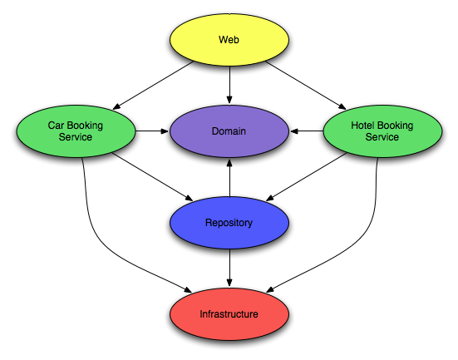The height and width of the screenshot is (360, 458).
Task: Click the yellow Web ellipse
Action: (x=229, y=40)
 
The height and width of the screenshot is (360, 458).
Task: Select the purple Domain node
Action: (x=229, y=131)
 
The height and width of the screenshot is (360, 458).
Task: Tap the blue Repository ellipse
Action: (x=229, y=223)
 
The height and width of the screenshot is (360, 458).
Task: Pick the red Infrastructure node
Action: (x=229, y=314)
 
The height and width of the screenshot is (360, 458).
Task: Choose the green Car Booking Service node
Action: (x=76, y=131)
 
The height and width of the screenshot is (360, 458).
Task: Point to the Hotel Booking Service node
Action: (x=382, y=131)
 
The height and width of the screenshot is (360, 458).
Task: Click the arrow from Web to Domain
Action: (x=229, y=85)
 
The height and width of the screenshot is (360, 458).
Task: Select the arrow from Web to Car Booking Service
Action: (x=153, y=86)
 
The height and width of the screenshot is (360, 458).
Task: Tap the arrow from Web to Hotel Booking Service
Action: (x=306, y=86)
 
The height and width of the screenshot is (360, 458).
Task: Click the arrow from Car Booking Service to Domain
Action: (x=152, y=131)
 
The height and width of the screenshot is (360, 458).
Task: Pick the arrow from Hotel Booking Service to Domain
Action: (x=307, y=131)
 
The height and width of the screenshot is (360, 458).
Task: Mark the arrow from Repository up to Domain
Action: (x=229, y=178)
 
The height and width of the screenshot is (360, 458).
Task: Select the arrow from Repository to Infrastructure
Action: (x=229, y=268)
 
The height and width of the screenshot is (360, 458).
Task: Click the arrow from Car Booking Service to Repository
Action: (x=153, y=177)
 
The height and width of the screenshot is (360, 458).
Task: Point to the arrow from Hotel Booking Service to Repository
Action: (x=307, y=177)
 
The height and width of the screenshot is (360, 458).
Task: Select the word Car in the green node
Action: (x=56, y=126)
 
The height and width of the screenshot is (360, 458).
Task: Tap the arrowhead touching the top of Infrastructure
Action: (x=229, y=283)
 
